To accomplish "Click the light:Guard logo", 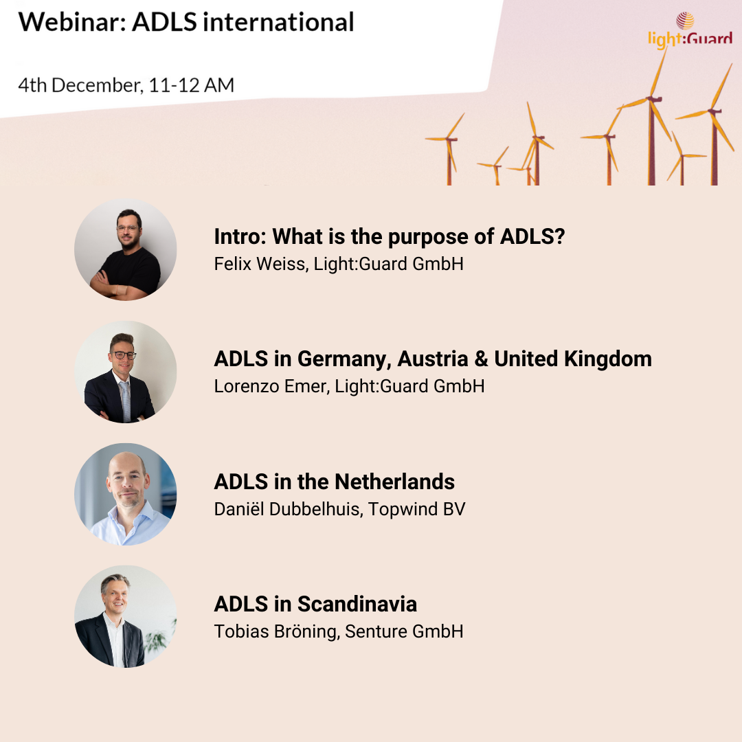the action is tap(690, 30).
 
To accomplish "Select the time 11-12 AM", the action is tap(191, 85).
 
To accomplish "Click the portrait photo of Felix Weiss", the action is tap(126, 249).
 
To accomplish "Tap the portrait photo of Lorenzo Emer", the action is tap(126, 372).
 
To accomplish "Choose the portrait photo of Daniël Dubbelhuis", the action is tap(126, 494).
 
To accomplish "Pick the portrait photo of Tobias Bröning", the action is tap(126, 616).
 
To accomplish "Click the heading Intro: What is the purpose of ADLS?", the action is tap(390, 236).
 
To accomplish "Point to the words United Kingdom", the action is tap(573, 359).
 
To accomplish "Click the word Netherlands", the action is tap(394, 482).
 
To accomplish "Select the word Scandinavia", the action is tap(357, 605).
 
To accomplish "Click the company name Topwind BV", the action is tap(417, 509).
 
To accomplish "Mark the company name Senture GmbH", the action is tap(404, 632).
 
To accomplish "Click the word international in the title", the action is tap(279, 22).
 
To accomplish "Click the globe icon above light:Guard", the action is tap(685, 21).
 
